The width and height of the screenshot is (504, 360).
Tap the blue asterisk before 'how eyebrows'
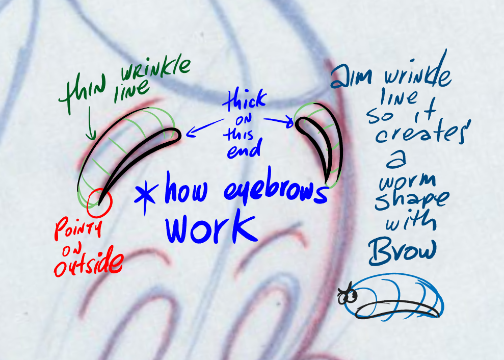click(146, 196)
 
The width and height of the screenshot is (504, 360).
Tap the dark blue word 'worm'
click(408, 181)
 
